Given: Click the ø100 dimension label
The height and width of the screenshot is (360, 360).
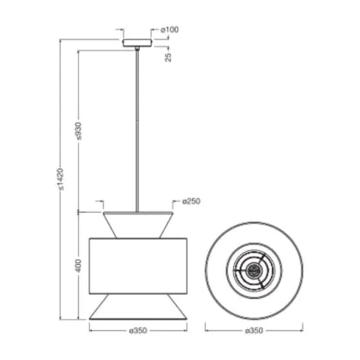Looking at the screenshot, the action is point(170,30).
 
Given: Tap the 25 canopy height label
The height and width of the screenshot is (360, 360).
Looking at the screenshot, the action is point(169,57).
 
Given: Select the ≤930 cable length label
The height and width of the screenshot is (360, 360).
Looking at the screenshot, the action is point(79,131).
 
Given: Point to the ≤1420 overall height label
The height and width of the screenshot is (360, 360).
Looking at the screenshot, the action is point(61,179).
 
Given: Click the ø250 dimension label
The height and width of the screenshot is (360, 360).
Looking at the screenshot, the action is point(191,201).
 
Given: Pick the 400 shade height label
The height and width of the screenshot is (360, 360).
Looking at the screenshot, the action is point(79,266).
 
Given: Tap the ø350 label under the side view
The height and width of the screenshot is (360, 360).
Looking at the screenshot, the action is point(138,331).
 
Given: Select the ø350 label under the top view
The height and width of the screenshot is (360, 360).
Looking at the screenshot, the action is point(254,331).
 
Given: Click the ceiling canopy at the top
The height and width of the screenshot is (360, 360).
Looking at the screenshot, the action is point(137,43).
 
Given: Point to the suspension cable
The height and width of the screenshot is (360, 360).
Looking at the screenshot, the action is point(137,131).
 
